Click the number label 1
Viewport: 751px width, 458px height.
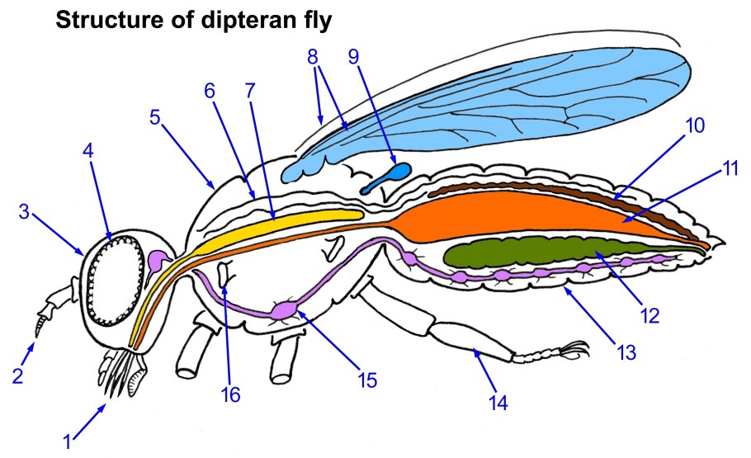tap(67, 441)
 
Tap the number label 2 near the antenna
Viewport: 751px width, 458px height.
tap(17, 375)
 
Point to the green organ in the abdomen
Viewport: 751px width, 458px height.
tap(528, 251)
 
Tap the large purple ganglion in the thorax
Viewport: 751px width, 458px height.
tap(285, 310)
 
